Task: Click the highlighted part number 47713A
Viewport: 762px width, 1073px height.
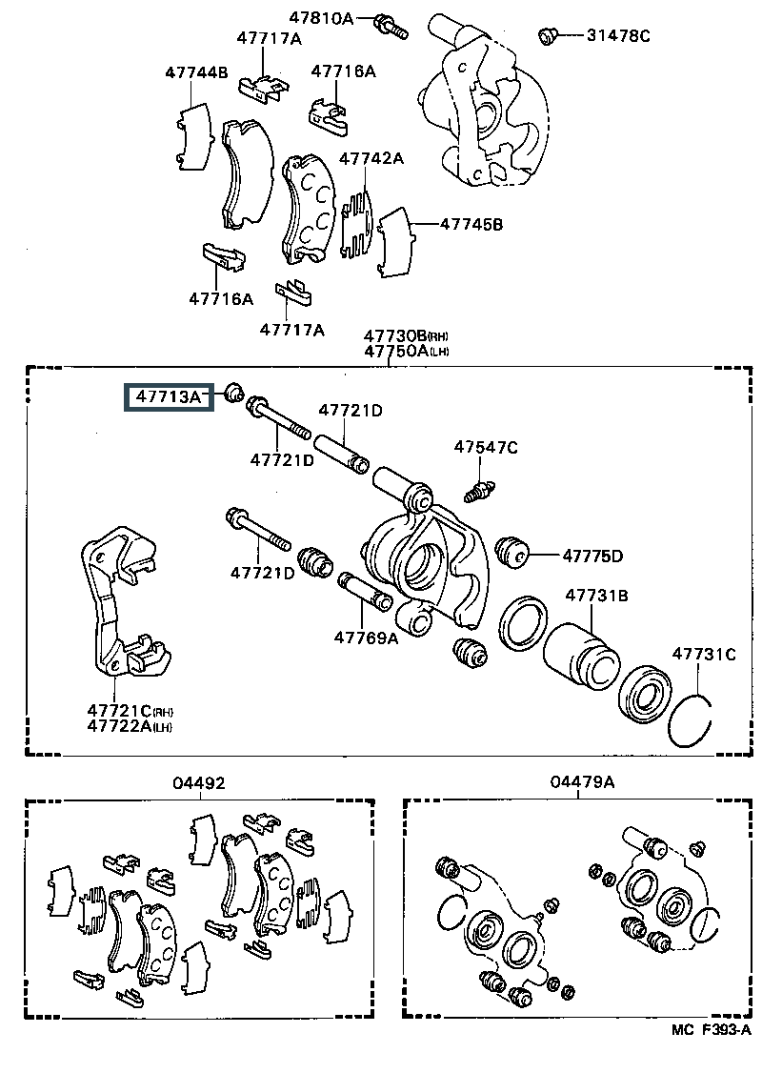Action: click(x=169, y=396)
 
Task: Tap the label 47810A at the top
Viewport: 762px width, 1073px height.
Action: click(x=322, y=18)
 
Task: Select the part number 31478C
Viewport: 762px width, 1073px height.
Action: click(x=618, y=35)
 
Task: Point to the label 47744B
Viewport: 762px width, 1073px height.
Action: click(x=196, y=72)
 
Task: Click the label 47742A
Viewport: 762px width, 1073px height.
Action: click(x=371, y=159)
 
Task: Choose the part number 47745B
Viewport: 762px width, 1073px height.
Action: click(x=471, y=225)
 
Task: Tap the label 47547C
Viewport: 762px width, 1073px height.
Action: click(x=486, y=448)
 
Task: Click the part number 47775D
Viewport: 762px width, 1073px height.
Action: click(x=593, y=557)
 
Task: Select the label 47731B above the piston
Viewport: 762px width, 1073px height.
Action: click(x=596, y=596)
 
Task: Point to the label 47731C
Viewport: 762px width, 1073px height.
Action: click(x=704, y=655)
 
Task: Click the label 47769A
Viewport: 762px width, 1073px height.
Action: click(x=366, y=638)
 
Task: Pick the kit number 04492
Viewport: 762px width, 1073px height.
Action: click(x=198, y=783)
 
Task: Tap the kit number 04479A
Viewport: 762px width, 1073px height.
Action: click(x=582, y=781)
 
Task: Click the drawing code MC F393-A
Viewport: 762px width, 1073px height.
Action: click(x=711, y=1050)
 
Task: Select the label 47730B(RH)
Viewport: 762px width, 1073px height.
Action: click(x=407, y=336)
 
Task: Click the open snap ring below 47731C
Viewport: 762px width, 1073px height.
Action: click(x=691, y=721)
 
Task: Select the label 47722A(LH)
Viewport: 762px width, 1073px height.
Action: click(x=130, y=726)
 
